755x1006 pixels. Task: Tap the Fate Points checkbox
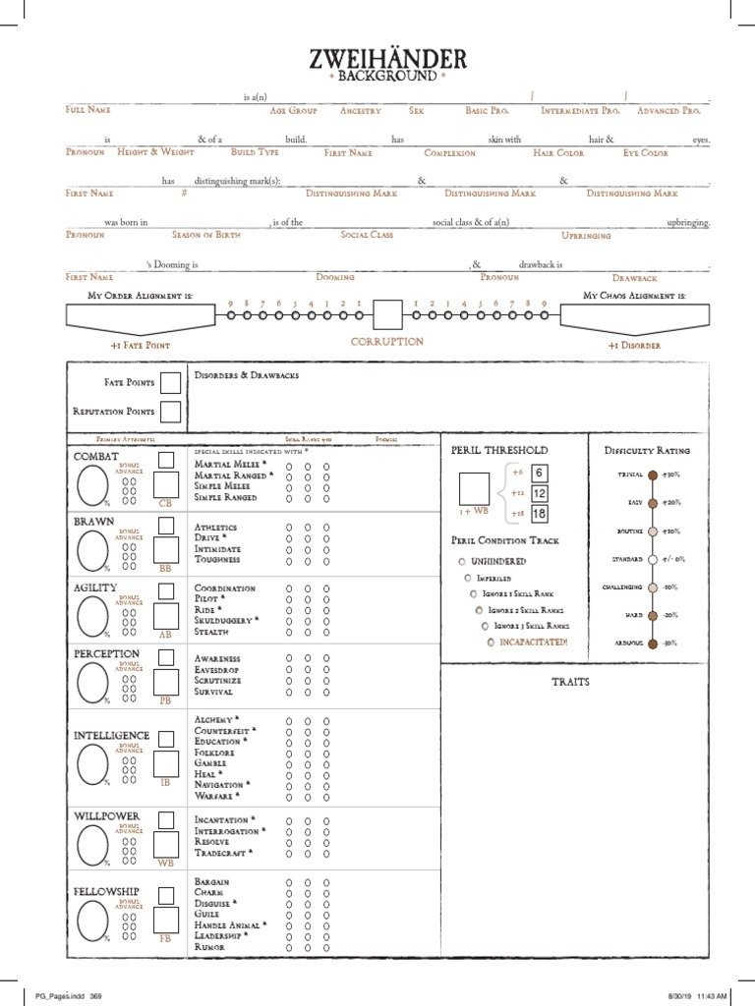170,382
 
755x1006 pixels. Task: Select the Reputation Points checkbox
170,412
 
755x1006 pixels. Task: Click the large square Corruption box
387,315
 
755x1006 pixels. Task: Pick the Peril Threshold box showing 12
539,493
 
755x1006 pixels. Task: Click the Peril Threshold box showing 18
539,513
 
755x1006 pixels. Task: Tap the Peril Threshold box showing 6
539,474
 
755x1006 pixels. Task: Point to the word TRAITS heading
570,682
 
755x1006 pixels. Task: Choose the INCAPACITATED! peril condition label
529,642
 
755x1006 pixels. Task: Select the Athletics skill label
216,528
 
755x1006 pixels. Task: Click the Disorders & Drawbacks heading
246,375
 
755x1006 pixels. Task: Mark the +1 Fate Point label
140,346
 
